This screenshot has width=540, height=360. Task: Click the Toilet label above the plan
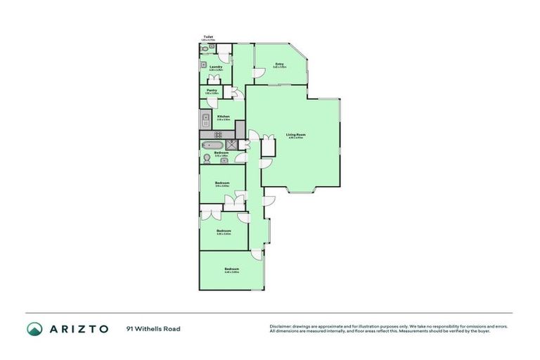point(208,37)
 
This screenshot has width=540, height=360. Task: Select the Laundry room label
point(216,67)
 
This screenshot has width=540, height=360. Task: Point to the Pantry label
point(212,90)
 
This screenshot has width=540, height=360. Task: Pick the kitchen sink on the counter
point(205,118)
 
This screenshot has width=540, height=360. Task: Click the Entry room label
point(280,64)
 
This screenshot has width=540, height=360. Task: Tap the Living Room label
point(295,134)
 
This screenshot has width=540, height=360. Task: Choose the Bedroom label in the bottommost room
point(231,269)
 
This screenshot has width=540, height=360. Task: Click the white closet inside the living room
point(267,148)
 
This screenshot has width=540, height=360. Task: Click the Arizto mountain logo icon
point(34,328)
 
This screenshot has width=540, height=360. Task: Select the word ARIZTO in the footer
point(78,328)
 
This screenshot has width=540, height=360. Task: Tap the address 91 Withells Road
point(153,328)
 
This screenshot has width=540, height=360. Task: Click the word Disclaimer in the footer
point(281,326)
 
